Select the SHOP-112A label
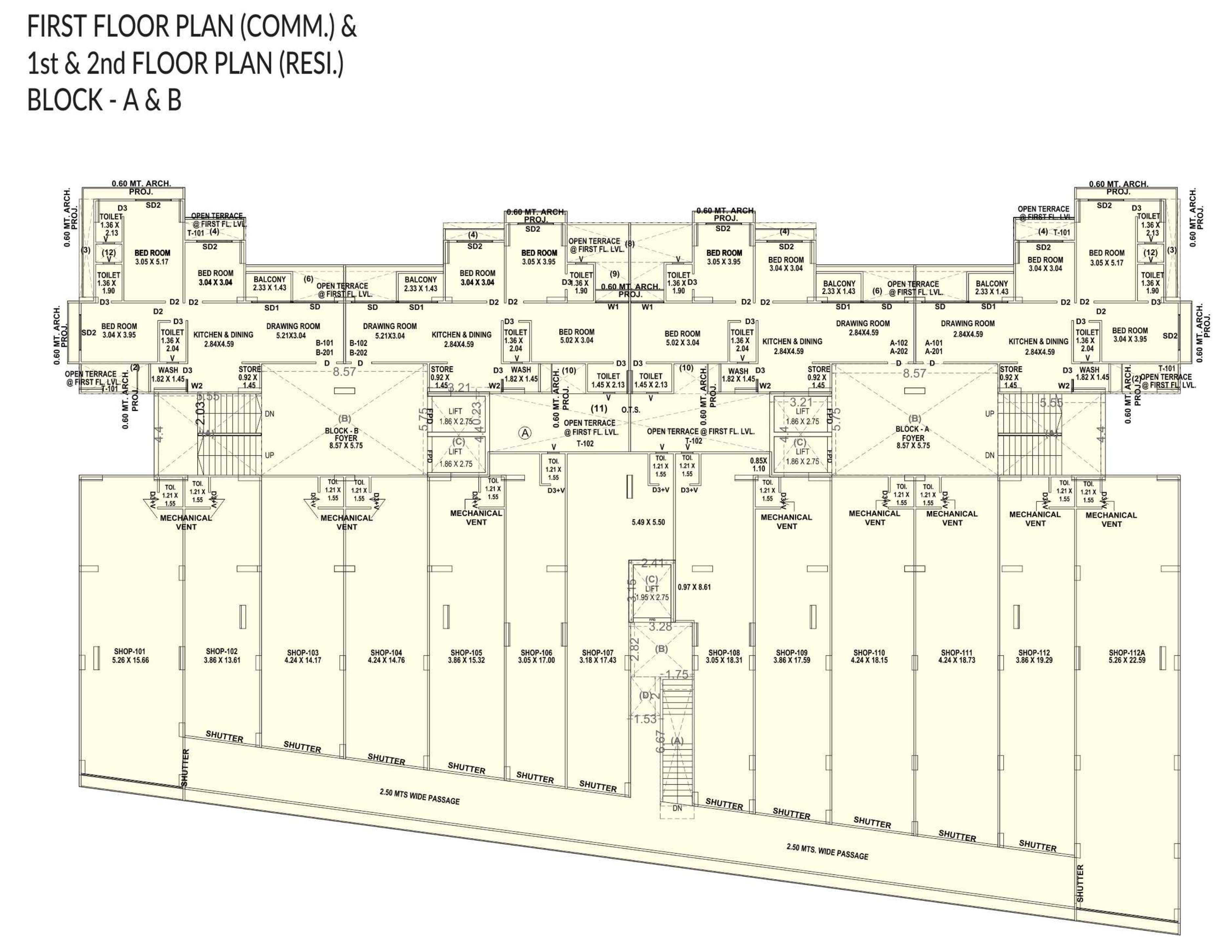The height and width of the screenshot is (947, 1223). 1127,656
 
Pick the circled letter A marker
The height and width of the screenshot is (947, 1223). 525,433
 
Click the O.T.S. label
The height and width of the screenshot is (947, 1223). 631,410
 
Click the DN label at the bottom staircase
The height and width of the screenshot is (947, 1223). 677,808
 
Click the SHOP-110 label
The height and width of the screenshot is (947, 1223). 868,656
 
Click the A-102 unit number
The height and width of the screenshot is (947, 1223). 899,343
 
